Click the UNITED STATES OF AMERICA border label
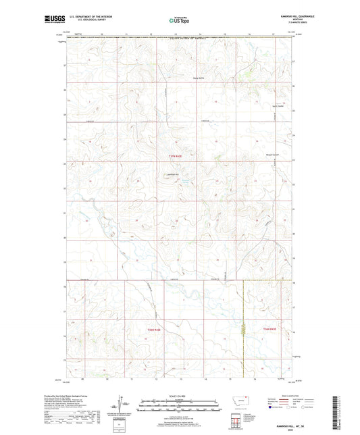pos(190,39)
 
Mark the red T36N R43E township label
pos(269,329)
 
